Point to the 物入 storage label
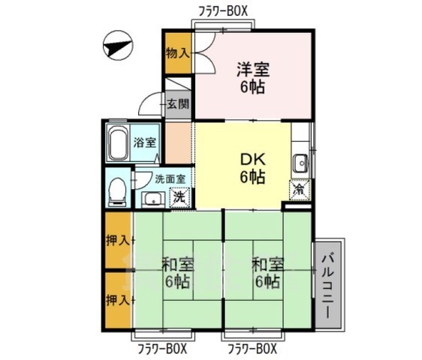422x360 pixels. pos(177,53)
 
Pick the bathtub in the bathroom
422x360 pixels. pos(119,143)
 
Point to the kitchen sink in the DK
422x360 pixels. pos(300,162)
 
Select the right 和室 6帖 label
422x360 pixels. pos(266,273)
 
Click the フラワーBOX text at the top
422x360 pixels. pos(223,10)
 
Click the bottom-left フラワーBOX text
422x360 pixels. pos(161,349)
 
